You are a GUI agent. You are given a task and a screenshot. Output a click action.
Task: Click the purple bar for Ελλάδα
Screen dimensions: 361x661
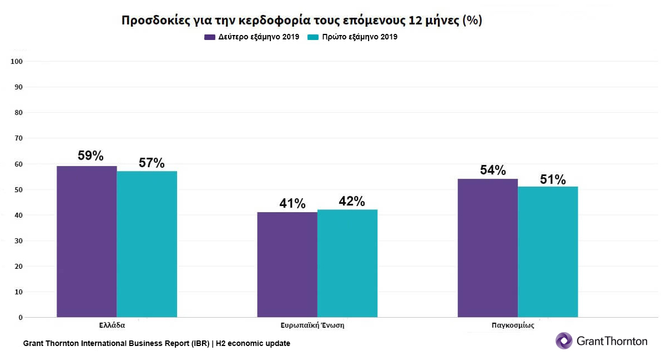[87, 242]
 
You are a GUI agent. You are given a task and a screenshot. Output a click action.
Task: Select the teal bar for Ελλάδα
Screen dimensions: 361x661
[147, 244]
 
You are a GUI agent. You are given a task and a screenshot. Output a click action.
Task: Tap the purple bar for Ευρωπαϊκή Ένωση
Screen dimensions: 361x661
[287, 264]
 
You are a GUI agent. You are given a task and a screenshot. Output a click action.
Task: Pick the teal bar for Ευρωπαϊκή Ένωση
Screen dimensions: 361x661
[347, 263]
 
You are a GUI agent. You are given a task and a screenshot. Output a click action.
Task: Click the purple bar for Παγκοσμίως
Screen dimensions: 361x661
[487, 248]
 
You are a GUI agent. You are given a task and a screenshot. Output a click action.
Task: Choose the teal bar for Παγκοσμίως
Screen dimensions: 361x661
[548, 252]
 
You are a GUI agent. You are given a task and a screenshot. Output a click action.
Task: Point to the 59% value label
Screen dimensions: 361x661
[90, 156]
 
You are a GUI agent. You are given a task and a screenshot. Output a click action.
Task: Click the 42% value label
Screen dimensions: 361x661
[351, 201]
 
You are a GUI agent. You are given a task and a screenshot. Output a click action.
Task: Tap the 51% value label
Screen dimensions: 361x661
[552, 180]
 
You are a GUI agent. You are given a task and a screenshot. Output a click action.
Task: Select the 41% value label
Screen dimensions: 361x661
[292, 204]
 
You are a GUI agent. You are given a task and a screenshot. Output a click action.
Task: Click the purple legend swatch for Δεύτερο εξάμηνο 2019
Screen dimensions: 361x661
[210, 37]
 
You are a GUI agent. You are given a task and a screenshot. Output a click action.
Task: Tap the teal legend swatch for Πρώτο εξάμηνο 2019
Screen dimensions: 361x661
[312, 37]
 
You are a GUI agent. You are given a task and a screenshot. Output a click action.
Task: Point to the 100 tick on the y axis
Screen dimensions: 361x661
[16, 62]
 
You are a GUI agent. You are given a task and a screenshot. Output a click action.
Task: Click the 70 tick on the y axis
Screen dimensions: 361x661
[18, 138]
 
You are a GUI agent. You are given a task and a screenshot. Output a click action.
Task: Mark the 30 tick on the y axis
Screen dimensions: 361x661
[18, 241]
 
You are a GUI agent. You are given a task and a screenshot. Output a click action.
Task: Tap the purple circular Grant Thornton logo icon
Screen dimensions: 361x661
[564, 340]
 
